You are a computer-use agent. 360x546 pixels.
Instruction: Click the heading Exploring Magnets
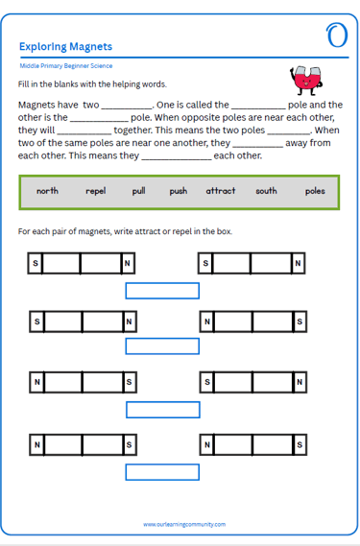tap(65, 47)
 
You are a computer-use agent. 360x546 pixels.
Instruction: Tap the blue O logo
tap(337, 36)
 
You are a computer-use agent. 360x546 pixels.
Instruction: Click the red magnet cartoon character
tap(306, 81)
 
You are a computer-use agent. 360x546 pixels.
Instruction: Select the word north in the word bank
tap(47, 191)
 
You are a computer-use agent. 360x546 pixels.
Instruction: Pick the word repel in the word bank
tap(95, 191)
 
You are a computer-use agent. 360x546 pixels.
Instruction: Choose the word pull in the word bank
tap(138, 191)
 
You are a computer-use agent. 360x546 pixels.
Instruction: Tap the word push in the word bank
tap(179, 191)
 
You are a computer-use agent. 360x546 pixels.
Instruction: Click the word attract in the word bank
tap(221, 191)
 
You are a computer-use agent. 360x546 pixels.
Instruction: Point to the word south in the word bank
tap(266, 191)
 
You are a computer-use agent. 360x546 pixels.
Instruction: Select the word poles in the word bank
tap(315, 191)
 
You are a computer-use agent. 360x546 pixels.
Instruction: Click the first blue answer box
tap(162, 291)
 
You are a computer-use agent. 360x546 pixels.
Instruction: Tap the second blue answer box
tap(162, 346)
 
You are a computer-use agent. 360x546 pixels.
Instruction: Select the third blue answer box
tap(163, 410)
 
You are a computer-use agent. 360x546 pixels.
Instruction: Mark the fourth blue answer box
tap(162, 472)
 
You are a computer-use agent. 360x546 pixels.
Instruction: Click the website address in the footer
tap(184, 524)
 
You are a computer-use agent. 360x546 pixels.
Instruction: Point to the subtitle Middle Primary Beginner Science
tap(66, 66)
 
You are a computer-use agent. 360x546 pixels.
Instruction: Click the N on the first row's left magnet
tap(128, 263)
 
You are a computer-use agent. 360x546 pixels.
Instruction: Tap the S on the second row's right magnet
tap(300, 321)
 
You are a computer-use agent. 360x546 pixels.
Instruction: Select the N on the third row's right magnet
tap(300, 382)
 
